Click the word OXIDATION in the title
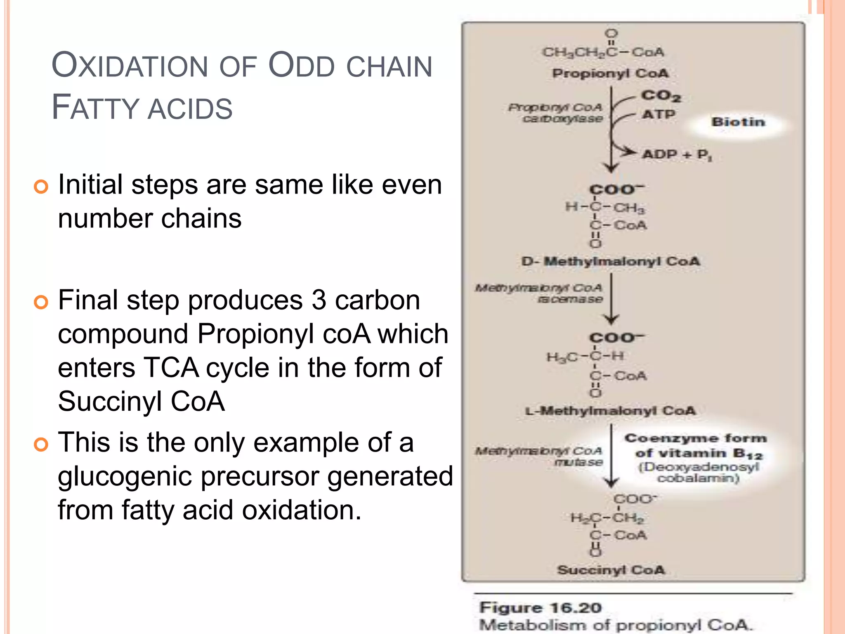click(x=130, y=66)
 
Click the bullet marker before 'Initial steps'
click(x=41, y=187)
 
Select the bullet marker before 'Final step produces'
click(x=41, y=302)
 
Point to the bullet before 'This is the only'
click(x=41, y=445)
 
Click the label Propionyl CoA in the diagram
click(x=610, y=73)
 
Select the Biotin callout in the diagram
click(x=738, y=122)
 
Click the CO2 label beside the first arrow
click(x=660, y=96)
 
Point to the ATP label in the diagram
click(x=659, y=114)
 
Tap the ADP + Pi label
click(x=677, y=155)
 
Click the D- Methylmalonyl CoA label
click(x=611, y=261)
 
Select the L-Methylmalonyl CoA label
click(x=610, y=411)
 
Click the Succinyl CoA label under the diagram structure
click(x=611, y=570)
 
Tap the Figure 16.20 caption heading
click(x=541, y=608)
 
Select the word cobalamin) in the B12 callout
click(x=698, y=478)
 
